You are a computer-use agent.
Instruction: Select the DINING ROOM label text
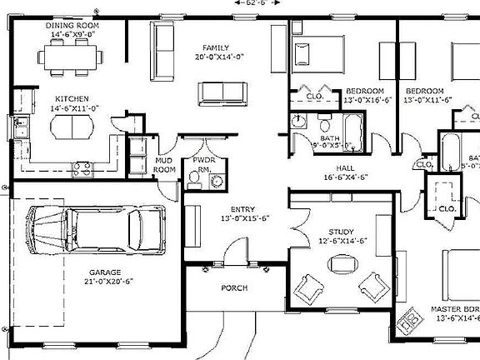click(x=71, y=25)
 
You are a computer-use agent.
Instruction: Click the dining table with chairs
click(x=70, y=57)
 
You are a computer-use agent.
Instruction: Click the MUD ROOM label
click(x=165, y=164)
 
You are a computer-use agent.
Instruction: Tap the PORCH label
click(x=233, y=287)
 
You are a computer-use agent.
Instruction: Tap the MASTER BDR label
click(x=454, y=309)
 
